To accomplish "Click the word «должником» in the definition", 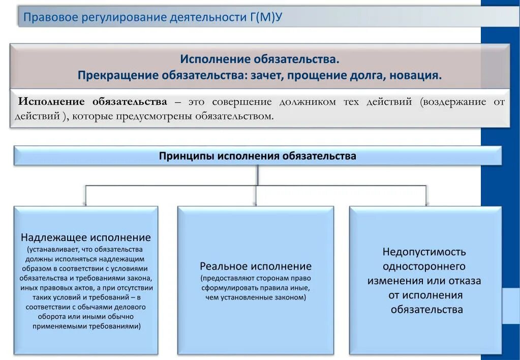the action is pyautogui.click(x=308, y=102).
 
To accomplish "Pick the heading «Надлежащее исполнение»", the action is pyautogui.click(x=85, y=237).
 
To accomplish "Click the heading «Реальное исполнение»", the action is pyautogui.click(x=256, y=266).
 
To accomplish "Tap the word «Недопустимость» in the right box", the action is pyautogui.click(x=424, y=252).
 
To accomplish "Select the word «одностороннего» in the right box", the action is pyautogui.click(x=424, y=266).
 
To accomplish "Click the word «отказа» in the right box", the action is pyautogui.click(x=463, y=281).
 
